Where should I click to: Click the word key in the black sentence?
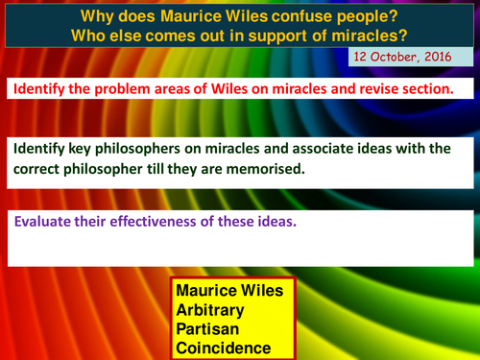(x=84, y=149)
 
